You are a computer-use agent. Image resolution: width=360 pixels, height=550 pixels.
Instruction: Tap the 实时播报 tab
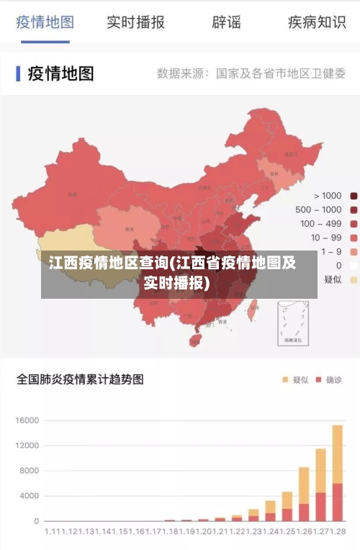click(x=135, y=22)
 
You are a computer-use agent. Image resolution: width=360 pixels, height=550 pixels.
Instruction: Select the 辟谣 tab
click(x=226, y=22)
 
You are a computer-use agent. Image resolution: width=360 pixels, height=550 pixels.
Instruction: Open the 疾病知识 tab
click(x=317, y=22)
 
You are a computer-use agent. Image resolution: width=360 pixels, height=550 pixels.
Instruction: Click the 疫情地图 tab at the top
click(x=45, y=22)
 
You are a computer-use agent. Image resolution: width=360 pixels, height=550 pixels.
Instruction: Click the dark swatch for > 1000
click(x=354, y=196)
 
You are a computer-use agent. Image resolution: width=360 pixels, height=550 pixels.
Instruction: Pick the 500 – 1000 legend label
click(x=318, y=209)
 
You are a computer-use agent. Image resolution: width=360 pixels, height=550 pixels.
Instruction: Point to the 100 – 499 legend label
click(x=320, y=224)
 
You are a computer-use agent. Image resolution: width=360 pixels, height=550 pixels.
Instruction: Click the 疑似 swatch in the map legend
click(x=354, y=279)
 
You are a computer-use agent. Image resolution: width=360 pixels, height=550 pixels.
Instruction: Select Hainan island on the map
click(x=195, y=339)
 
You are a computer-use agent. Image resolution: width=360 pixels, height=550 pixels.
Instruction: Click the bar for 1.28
click(x=337, y=473)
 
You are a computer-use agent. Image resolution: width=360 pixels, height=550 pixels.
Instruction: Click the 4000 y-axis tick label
click(x=28, y=496)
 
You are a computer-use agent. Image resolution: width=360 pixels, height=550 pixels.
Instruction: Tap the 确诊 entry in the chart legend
click(x=330, y=379)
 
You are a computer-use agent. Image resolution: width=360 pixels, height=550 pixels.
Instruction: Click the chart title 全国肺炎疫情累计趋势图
click(x=80, y=379)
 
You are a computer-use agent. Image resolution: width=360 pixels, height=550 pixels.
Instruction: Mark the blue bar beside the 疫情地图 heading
click(x=18, y=73)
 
